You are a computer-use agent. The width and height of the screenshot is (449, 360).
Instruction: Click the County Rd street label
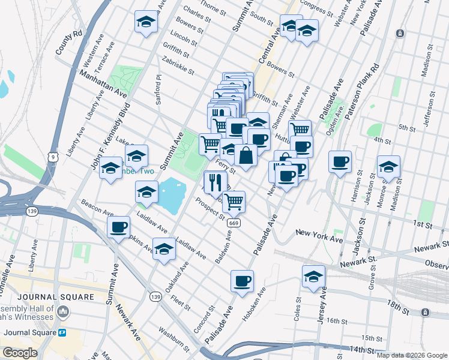(68, 42)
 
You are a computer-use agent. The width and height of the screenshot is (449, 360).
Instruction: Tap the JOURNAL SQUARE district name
(56, 297)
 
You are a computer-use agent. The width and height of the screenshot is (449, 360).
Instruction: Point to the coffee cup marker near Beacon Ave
(119, 227)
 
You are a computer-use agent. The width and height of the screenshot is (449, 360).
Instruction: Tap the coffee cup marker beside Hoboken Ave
(242, 280)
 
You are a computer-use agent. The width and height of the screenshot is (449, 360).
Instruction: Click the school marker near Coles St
(313, 276)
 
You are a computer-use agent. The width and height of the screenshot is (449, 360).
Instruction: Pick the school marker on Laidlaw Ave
(164, 249)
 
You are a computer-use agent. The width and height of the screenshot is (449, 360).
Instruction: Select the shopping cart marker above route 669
(234, 201)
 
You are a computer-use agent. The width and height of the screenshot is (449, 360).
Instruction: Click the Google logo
(20, 353)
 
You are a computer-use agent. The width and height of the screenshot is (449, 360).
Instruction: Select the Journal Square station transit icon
(62, 332)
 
